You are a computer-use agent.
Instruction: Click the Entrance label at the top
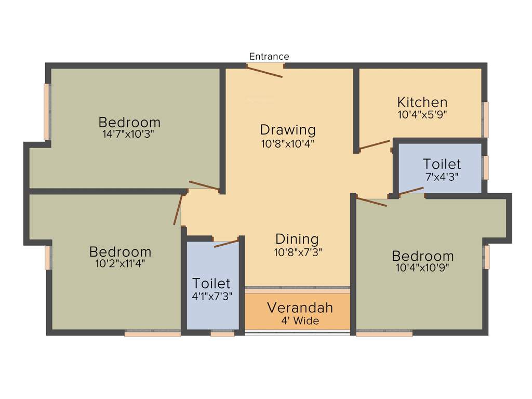269,56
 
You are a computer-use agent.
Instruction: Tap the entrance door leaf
264,72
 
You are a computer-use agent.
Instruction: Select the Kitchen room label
422,102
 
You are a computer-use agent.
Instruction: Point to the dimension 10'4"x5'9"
422,115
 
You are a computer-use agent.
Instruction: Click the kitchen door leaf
374,144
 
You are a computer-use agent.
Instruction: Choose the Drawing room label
288,129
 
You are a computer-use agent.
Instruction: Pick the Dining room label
297,239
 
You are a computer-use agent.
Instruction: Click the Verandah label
300,307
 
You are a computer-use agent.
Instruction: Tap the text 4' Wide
300,321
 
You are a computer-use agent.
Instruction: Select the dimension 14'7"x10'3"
129,134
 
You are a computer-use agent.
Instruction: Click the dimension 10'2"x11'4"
120,263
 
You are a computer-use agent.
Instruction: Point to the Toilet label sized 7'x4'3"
442,164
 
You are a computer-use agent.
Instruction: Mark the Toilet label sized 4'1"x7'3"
211,283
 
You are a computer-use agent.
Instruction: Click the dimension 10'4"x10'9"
422,268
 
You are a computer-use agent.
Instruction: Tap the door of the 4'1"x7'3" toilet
226,243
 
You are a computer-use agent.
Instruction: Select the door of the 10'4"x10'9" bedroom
371,202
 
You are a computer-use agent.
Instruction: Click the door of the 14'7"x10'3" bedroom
204,185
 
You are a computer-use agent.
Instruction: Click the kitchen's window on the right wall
486,119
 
